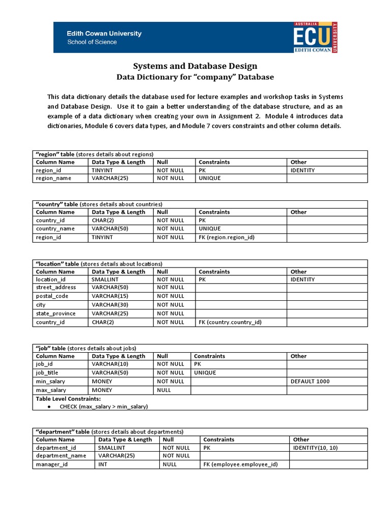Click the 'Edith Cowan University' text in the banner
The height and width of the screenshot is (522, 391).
click(x=104, y=34)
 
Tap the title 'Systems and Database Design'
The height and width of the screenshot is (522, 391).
click(x=195, y=66)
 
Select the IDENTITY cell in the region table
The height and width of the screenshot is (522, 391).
click(x=302, y=170)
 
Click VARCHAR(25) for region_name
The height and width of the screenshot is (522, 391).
click(x=107, y=178)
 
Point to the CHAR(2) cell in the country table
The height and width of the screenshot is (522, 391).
click(x=102, y=220)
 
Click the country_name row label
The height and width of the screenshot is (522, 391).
click(x=55, y=229)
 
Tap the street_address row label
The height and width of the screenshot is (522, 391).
click(x=56, y=288)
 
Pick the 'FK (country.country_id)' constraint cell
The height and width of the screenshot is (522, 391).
click(x=230, y=322)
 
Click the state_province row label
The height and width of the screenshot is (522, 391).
click(x=56, y=314)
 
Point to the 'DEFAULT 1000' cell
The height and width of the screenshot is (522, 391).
click(x=310, y=381)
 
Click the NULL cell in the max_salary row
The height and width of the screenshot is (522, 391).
click(x=164, y=390)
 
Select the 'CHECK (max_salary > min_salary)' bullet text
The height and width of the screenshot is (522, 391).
click(x=103, y=406)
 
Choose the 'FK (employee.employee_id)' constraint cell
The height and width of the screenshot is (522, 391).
click(x=240, y=465)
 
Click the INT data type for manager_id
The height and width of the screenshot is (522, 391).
click(x=103, y=465)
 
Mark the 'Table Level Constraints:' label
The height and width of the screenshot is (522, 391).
click(x=68, y=398)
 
